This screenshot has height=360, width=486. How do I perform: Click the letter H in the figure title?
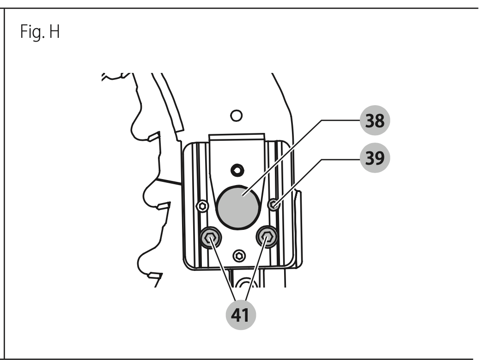[54, 32]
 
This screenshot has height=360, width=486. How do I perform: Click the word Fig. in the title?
[33, 32]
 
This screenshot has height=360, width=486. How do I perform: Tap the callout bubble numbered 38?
[375, 120]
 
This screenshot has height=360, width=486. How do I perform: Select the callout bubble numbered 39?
[375, 158]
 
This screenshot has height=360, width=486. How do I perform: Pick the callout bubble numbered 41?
[241, 315]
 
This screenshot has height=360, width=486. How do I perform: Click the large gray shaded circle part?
[238, 207]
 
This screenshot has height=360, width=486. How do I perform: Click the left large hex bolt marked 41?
[211, 237]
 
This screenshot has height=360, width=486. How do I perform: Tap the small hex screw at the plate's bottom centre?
[239, 256]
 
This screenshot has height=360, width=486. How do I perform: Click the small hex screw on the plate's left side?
[202, 205]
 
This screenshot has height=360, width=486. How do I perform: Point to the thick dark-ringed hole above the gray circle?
[237, 170]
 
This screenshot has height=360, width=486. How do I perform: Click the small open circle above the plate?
[237, 116]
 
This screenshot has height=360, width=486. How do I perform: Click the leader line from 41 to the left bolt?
[223, 268]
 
